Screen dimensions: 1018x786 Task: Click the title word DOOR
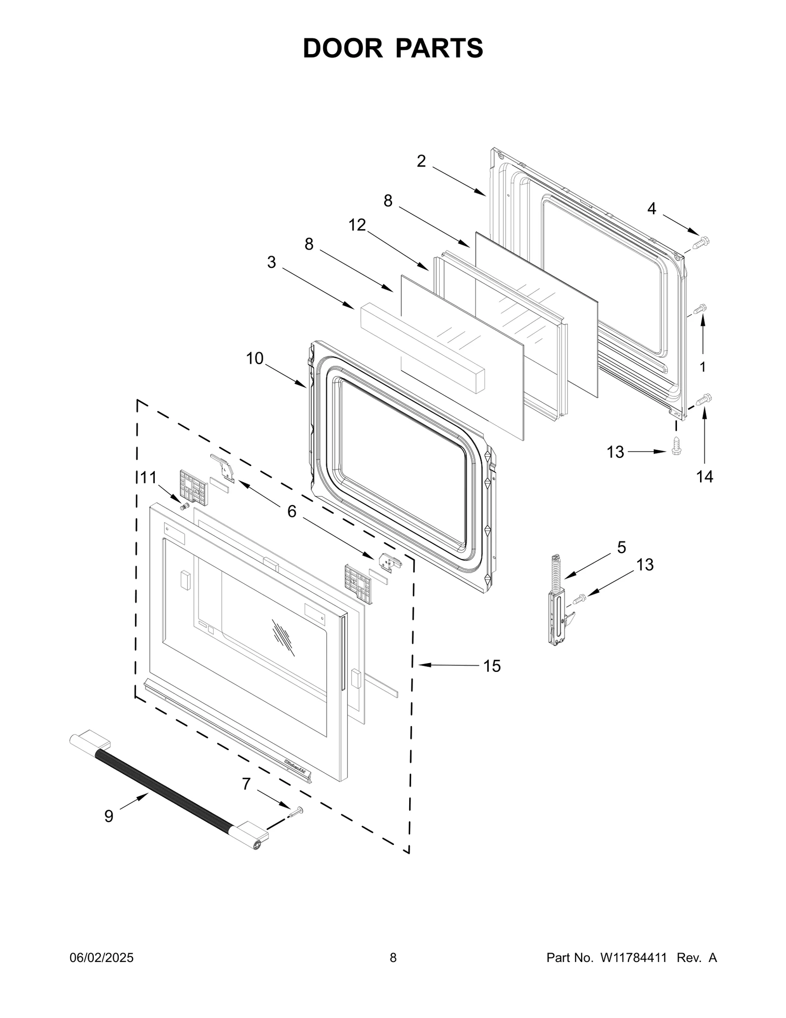[x=342, y=48]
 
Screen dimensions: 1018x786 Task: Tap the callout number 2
[x=421, y=161]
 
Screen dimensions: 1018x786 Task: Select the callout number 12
[x=357, y=225]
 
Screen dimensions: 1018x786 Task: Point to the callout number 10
[x=254, y=358]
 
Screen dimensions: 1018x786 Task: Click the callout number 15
[x=492, y=666]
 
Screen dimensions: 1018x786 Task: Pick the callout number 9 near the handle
[x=109, y=816]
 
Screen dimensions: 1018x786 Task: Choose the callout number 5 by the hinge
[x=621, y=547]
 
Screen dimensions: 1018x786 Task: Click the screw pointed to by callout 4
[x=701, y=242]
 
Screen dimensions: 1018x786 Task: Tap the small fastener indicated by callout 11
[x=185, y=506]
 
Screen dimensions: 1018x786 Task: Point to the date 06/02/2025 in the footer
[x=101, y=958]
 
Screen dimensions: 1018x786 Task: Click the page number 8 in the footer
[x=393, y=958]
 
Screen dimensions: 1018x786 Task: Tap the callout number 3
[x=271, y=262]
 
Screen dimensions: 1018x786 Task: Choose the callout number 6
[x=292, y=512]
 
